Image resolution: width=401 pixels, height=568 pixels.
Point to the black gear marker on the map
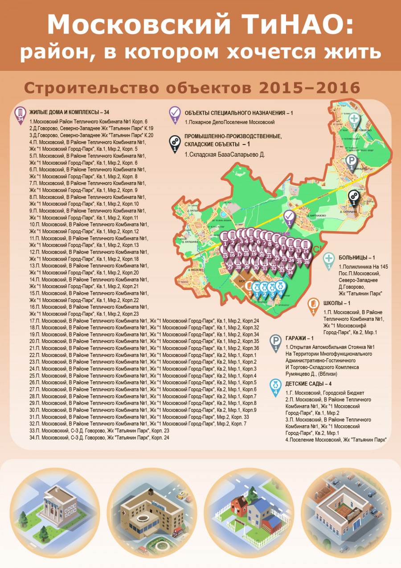354,197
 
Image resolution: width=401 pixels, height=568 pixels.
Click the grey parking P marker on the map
352,162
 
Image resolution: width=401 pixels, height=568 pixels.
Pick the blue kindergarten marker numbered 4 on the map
280,287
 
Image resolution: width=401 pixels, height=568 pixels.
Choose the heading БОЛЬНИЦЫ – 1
354,257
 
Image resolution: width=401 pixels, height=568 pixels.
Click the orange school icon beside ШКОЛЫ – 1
314,305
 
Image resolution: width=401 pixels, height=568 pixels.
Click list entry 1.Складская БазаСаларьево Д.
225,154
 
